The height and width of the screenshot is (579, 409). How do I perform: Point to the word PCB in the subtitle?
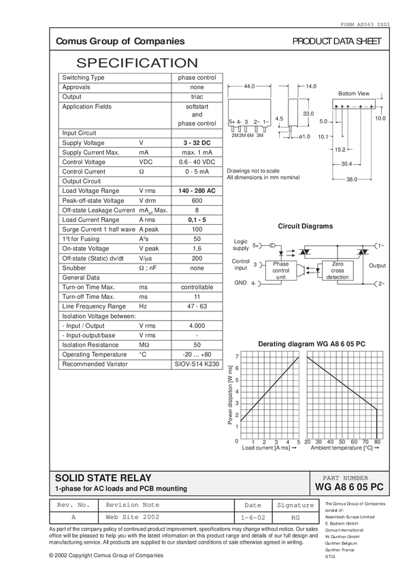tap(146, 489)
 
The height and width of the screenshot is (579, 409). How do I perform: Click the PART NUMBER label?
tap(350, 478)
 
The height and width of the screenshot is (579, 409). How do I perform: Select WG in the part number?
tap(323, 488)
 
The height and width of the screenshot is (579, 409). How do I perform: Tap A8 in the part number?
tap(339, 488)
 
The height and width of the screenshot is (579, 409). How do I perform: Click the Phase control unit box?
tap(281, 270)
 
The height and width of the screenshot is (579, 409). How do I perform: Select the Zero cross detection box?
tap(338, 270)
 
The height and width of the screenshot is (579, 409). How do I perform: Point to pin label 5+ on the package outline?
tap(232, 121)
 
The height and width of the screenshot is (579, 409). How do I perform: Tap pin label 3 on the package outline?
tap(247, 121)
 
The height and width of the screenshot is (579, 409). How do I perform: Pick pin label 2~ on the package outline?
tap(257, 121)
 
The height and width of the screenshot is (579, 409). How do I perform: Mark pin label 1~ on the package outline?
tap(265, 121)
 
